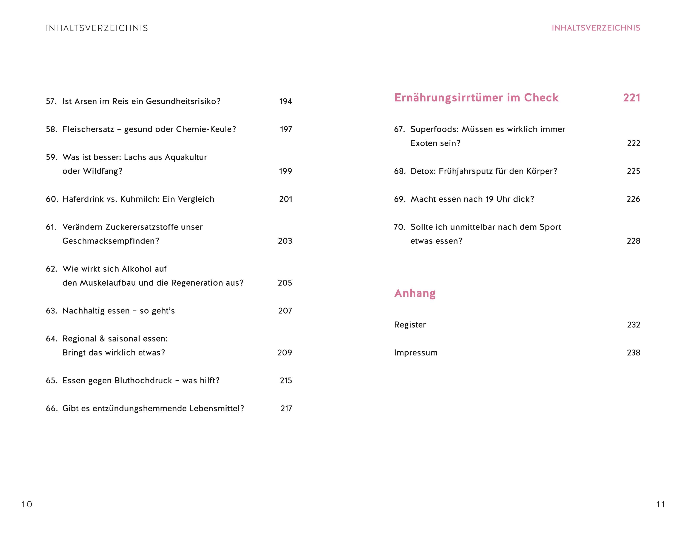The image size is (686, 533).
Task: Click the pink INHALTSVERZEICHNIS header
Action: coord(596,28)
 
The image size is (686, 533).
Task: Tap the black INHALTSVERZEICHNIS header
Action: coord(97,28)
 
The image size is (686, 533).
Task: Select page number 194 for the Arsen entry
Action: coord(286,101)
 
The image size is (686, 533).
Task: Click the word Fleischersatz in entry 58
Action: coord(88,129)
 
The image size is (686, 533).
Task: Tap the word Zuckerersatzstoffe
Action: coord(142,227)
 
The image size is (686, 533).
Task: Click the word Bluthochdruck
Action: coord(143,381)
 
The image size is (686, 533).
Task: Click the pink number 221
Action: coord(631,98)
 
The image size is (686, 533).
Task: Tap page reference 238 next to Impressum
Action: coord(633,353)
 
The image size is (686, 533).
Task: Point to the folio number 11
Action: coord(661,504)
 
